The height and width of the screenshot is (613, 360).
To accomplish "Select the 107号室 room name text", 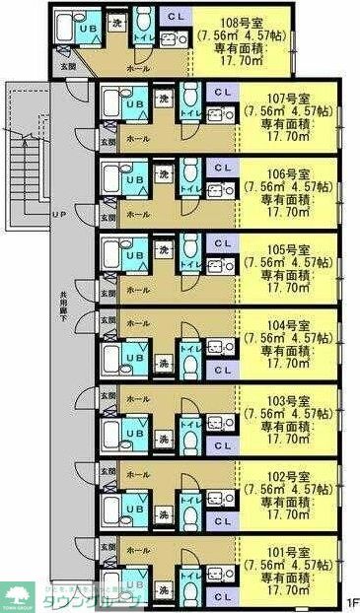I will pyautogui.click(x=289, y=98).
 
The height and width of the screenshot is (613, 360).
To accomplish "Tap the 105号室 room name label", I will pyautogui.click(x=289, y=250).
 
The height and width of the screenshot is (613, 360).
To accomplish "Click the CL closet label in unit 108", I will pyautogui.click(x=174, y=18).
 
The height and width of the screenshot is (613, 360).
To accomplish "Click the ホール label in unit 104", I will pyautogui.click(x=139, y=322).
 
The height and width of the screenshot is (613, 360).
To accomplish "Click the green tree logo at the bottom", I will pyautogui.click(x=17, y=594).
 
